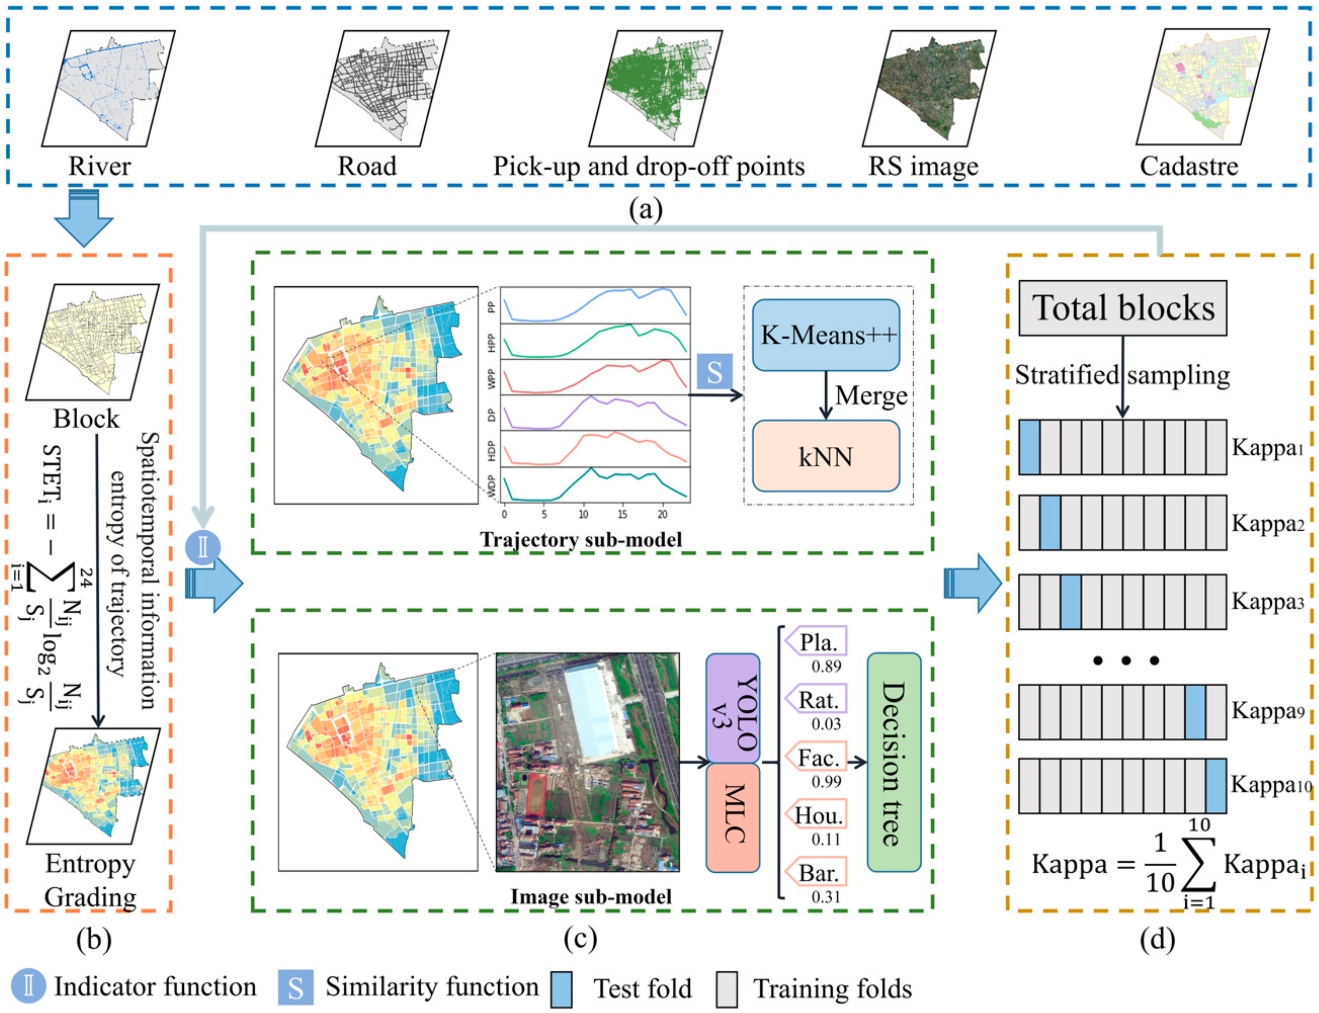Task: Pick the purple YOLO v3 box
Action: tap(732, 709)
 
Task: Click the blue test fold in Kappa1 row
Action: tap(1029, 447)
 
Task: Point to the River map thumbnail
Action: tap(108, 89)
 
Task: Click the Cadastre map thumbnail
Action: tap(1203, 87)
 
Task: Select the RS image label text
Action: tap(923, 166)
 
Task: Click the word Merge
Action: tap(871, 395)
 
